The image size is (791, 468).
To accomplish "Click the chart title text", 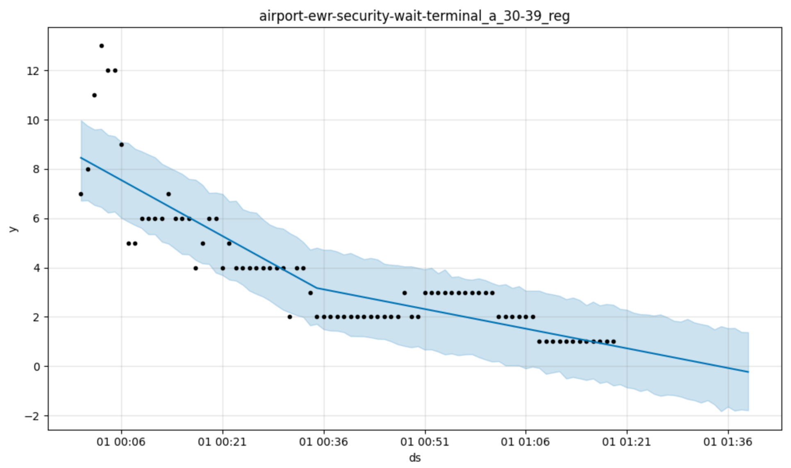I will (414, 16).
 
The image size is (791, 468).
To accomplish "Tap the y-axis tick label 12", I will (33, 71).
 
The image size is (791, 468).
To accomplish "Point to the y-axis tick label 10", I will (33, 120).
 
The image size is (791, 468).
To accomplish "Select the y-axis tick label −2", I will (33, 416).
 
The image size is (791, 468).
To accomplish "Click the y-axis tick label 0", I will (37, 367).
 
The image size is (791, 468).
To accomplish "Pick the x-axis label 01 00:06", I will (121, 442).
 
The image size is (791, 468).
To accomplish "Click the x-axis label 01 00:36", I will (323, 442).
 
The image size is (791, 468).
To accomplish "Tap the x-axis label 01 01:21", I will (627, 442).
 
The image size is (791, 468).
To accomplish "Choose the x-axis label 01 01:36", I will (728, 442).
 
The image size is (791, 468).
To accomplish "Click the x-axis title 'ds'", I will (415, 458).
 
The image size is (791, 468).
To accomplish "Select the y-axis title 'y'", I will (13, 229).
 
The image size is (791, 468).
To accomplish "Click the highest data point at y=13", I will (102, 46).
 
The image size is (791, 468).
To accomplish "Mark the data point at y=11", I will (94, 95).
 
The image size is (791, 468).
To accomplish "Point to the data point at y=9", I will (121, 145).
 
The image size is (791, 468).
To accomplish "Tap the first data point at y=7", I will (81, 194).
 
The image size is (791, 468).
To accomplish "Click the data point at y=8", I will (88, 169).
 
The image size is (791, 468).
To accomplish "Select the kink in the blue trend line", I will (316, 288).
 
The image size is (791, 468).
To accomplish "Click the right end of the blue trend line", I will (748, 372).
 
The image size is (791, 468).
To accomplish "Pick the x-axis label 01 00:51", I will (425, 442).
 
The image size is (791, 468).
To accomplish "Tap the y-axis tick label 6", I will (37, 219).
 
